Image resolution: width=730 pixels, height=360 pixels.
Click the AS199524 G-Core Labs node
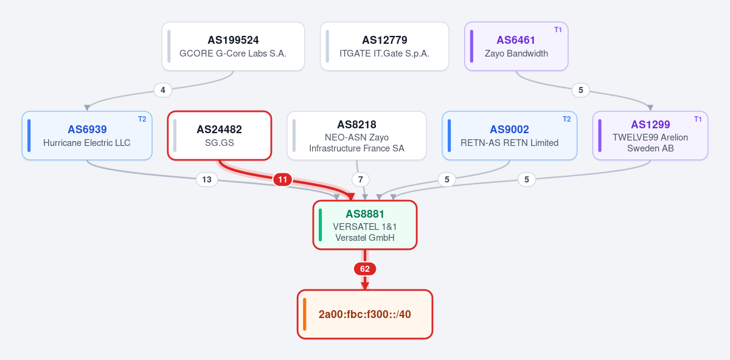click(234, 46)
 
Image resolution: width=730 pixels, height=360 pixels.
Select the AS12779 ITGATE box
click(384, 46)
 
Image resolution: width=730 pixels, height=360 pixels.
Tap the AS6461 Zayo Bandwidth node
click(516, 46)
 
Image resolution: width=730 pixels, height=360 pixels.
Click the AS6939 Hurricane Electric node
click(87, 136)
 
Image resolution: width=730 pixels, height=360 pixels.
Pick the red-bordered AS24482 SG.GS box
click(220, 136)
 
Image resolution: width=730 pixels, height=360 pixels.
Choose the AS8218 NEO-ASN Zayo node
click(357, 136)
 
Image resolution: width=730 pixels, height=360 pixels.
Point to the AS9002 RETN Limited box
click(510, 136)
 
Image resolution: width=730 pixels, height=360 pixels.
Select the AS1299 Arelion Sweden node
click(650, 136)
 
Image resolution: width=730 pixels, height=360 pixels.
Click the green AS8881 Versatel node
click(365, 225)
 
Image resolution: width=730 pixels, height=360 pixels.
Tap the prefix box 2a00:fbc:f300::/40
click(365, 314)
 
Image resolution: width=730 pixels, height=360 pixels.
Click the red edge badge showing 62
click(365, 269)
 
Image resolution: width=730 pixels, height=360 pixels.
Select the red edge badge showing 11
click(282, 179)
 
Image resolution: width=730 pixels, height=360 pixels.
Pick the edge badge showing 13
click(207, 179)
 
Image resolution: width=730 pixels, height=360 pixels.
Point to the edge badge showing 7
click(360, 179)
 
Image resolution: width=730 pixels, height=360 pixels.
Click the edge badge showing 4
click(163, 90)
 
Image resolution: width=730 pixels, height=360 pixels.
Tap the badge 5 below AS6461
click(581, 90)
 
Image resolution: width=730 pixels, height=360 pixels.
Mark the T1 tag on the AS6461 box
click(558, 30)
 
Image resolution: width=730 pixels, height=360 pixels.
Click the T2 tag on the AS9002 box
click(567, 119)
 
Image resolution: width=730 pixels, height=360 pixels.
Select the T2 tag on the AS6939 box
click(142, 119)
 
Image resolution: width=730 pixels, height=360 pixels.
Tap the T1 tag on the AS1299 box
click(698, 119)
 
